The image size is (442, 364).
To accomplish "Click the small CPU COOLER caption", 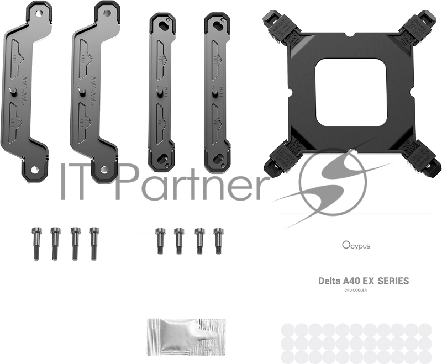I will coord(355,291).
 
